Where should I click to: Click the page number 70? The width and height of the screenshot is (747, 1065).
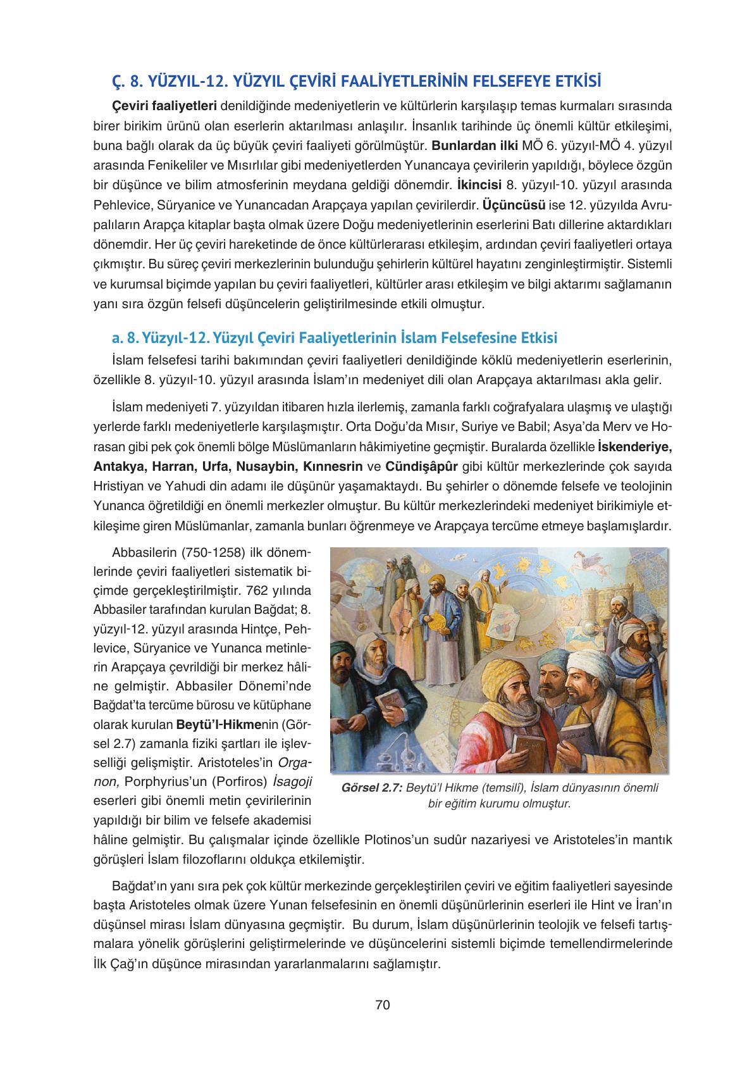(x=382, y=1005)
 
